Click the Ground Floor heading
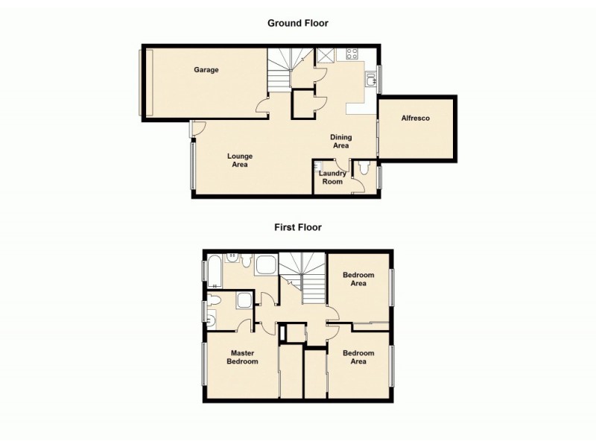pos(298,23)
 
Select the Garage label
pos(206,70)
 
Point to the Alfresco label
pos(416,118)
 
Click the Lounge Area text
pos(240,160)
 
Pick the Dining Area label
pos(341,142)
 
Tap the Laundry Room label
pos(332,177)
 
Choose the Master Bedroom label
pos(244,358)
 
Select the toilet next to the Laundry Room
pos(364,169)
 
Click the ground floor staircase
pos(281,66)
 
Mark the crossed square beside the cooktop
pos(325,55)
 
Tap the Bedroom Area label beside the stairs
pos(358,279)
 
